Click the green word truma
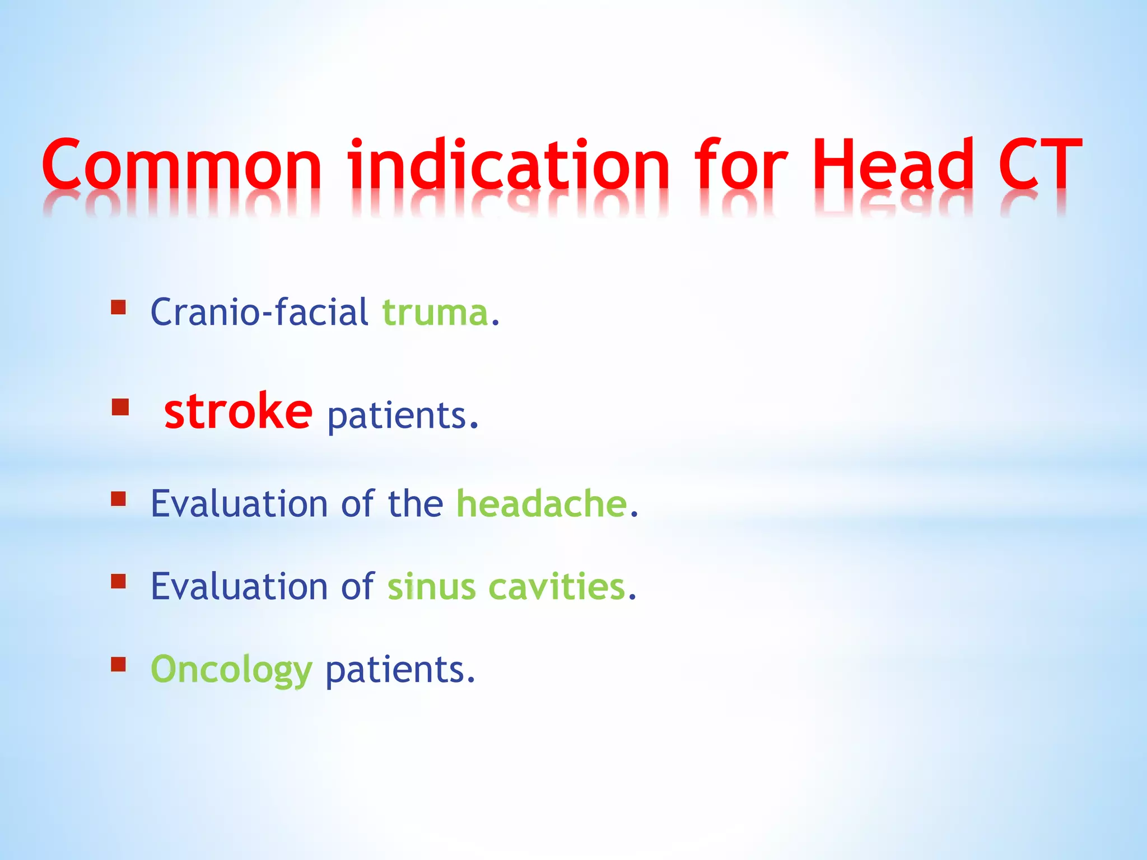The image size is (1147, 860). [x=435, y=312]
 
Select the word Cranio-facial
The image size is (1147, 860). [x=259, y=312]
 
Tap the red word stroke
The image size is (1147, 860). [x=238, y=412]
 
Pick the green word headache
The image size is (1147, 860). [x=542, y=503]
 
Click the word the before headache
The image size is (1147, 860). [x=415, y=503]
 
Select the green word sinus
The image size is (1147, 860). [x=431, y=587]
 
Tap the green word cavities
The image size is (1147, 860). [x=557, y=587]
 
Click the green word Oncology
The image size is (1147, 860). [x=231, y=670]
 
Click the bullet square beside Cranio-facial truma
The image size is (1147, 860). [x=118, y=307]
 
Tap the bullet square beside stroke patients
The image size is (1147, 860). [x=120, y=407]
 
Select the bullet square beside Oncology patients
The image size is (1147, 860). [x=118, y=664]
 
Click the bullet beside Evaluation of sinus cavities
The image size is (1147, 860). [x=118, y=581]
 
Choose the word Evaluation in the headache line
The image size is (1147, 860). [x=239, y=503]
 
